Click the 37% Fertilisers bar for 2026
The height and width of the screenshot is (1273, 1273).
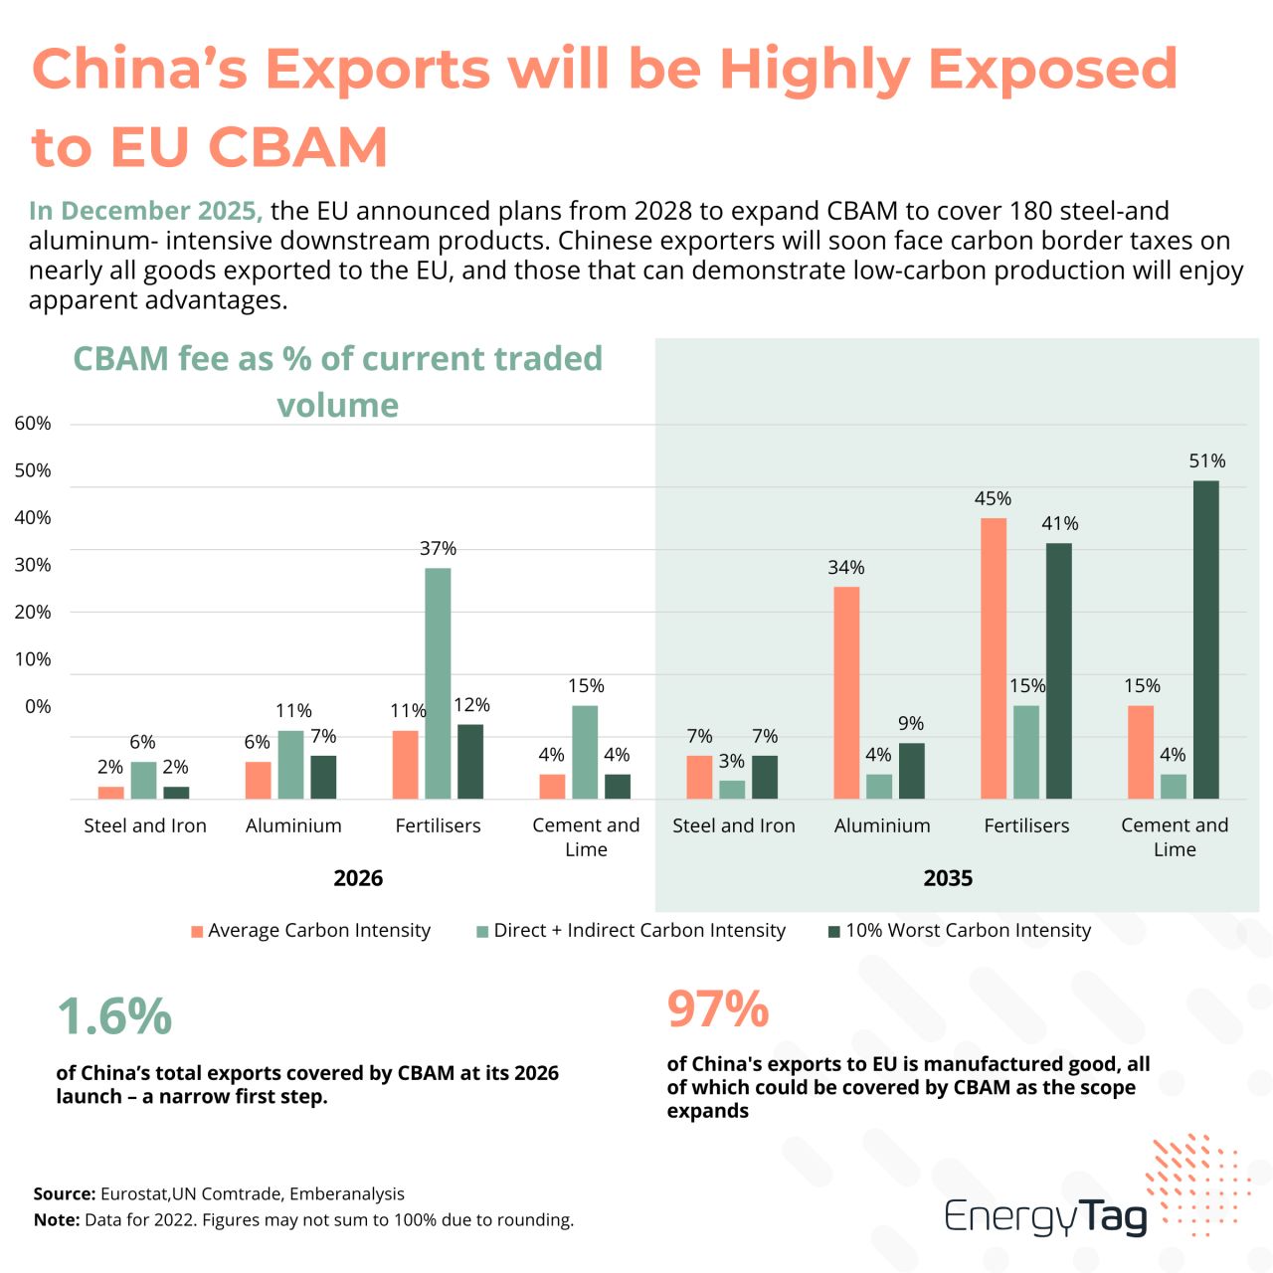[438, 683]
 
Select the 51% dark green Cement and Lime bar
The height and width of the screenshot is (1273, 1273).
[1205, 639]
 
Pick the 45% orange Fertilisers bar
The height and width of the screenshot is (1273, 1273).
[993, 658]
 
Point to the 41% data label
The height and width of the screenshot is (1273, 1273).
[1059, 523]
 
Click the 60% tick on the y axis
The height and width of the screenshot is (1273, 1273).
[33, 423]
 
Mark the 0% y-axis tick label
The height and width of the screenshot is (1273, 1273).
[38, 706]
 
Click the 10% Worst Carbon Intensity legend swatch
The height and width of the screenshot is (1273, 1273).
[833, 932]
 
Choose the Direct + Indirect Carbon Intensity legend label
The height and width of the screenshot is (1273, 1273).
[639, 930]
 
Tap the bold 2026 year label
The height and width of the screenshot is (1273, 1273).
[358, 878]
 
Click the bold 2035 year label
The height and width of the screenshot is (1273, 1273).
[948, 878]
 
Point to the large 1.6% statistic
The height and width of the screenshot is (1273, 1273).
[114, 1015]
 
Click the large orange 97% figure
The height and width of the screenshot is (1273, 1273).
[717, 1008]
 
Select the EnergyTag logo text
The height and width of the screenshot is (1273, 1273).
[1045, 1216]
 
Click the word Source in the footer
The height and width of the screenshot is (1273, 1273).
[65, 1193]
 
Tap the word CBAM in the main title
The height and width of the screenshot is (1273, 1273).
[298, 146]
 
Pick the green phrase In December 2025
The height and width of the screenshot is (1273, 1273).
[145, 210]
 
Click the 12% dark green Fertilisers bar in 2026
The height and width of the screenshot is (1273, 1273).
[469, 762]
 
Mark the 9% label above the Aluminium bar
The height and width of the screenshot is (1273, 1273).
[910, 723]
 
